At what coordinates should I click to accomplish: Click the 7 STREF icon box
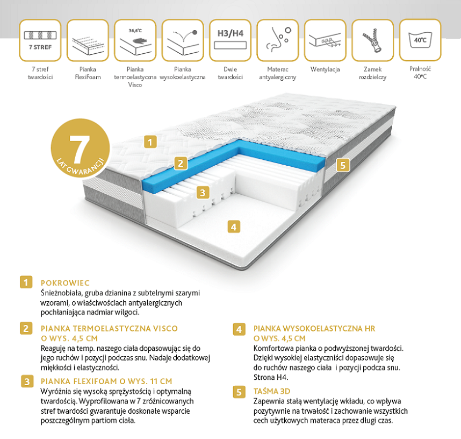coord(40,40)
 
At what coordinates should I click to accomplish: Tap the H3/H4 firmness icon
coord(230,40)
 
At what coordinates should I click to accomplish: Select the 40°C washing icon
coord(420,40)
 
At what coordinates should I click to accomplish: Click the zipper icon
coord(372,40)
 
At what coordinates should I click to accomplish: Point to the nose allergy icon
coord(278,40)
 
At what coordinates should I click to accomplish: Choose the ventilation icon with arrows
coord(325,40)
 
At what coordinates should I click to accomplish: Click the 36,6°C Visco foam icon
coord(135,40)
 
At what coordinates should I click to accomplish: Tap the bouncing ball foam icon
coord(183,40)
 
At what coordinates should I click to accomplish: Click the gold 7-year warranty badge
coord(80,148)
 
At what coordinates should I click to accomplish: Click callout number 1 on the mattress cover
coord(150,142)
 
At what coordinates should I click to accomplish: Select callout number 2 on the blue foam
coord(181,163)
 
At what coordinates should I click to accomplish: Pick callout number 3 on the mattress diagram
coord(203,193)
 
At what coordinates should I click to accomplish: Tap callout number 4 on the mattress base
coord(234,226)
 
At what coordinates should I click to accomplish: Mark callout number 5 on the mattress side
coord(343,165)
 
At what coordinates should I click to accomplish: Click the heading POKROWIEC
coord(65,283)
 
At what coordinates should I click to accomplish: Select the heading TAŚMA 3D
coord(272,391)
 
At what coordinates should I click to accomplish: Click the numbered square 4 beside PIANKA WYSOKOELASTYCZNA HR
coord(239,329)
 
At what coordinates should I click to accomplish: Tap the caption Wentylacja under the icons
coord(325,69)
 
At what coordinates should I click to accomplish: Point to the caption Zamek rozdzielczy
coord(372,73)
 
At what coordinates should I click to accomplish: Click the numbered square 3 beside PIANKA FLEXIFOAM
coord(27,381)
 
